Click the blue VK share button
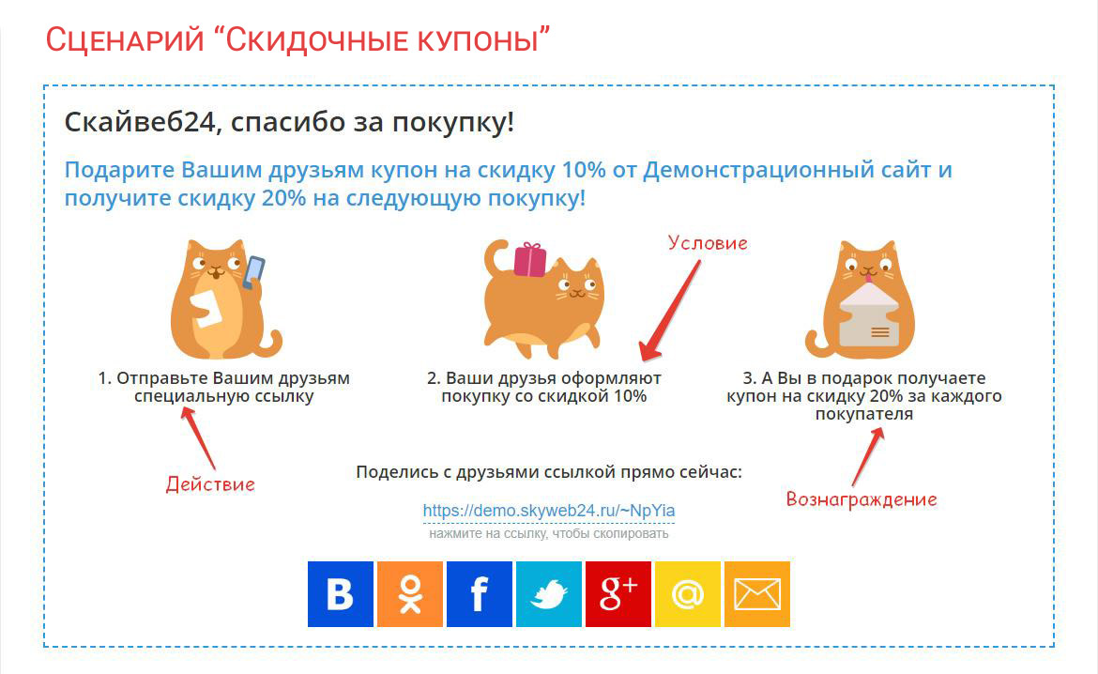pos(341,594)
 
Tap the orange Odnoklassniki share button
pos(410,594)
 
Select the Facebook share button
pos(479,594)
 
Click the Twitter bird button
pos(548,594)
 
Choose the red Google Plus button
pos(618,594)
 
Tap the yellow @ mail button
pos(687,594)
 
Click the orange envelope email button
pos(757,594)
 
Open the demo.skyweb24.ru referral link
pos(549,511)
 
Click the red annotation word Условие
pos(708,243)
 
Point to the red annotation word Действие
pos(210,484)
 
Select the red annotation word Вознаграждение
pos(862,499)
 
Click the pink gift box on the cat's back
pos(530,260)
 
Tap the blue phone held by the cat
pos(253,273)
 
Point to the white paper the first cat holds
pos(206,308)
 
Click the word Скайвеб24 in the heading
pos(140,123)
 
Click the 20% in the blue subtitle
pos(283,198)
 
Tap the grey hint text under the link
pos(549,534)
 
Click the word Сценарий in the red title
pos(125,40)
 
